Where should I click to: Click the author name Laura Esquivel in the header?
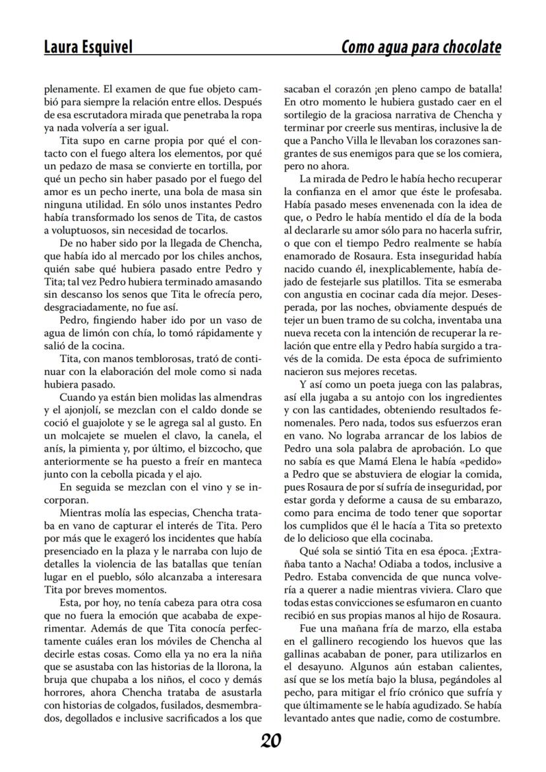point(88,47)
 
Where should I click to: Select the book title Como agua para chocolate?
point(421,47)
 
